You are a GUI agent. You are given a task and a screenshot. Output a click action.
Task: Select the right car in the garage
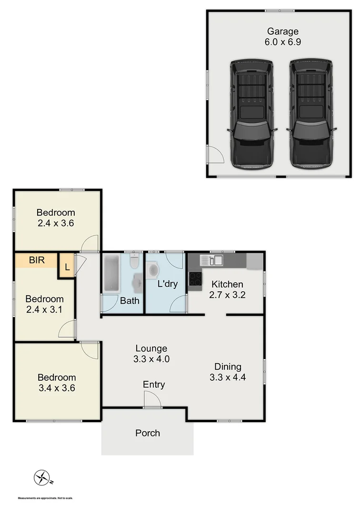312,114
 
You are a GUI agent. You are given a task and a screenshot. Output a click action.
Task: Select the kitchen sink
212,260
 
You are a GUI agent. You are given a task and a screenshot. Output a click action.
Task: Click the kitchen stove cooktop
195,278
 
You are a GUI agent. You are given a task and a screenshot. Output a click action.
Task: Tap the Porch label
148,433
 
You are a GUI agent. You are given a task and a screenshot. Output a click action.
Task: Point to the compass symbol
42,477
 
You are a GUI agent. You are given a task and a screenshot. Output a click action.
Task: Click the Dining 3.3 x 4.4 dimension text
228,378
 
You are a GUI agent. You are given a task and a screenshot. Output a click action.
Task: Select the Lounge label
150,348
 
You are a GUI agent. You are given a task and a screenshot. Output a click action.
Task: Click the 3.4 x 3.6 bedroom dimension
57,387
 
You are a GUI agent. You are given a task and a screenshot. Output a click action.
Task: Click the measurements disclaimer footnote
46,498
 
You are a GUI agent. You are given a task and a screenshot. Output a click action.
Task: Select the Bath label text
130,301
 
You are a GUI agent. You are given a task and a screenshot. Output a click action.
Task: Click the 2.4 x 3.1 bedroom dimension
44,309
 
